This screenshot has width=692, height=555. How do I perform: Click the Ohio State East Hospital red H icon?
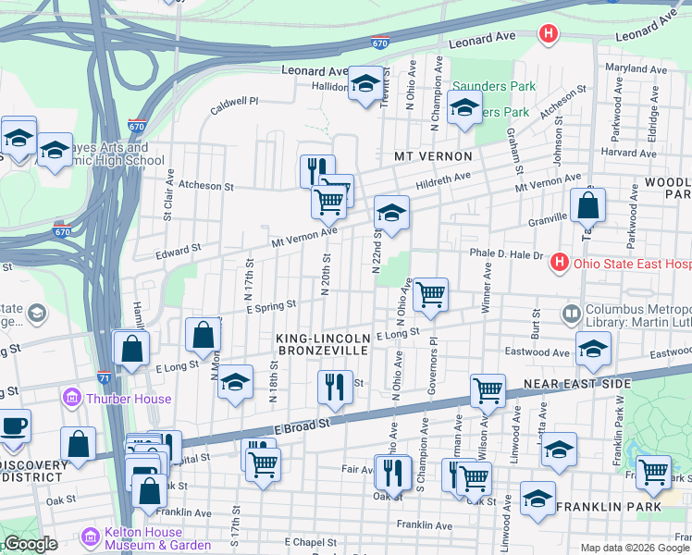click(x=559, y=263)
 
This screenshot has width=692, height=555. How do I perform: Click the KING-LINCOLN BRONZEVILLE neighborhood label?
click(x=322, y=345)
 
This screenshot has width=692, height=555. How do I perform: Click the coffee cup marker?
click(x=14, y=425)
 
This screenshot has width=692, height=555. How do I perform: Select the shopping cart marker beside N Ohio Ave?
click(x=430, y=295)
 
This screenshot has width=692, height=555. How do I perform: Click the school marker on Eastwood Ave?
click(x=592, y=348)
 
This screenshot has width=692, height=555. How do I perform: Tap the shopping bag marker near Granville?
click(x=587, y=204)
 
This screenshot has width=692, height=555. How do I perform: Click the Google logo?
click(x=30, y=544)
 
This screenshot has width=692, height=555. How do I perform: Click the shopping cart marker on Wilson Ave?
click(x=488, y=390)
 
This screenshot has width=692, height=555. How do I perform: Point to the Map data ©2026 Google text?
click(x=634, y=548)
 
